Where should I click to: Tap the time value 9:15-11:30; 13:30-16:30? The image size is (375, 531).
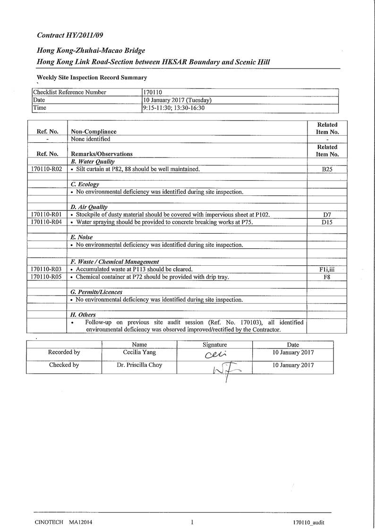point(174,108)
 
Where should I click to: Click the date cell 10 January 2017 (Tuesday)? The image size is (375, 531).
point(177,100)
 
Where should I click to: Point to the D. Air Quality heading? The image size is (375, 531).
point(89,207)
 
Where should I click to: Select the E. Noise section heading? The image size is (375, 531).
point(82,237)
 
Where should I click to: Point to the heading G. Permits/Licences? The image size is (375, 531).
point(96,292)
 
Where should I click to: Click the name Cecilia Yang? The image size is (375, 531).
point(139,353)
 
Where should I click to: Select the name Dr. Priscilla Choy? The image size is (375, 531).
point(139,365)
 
